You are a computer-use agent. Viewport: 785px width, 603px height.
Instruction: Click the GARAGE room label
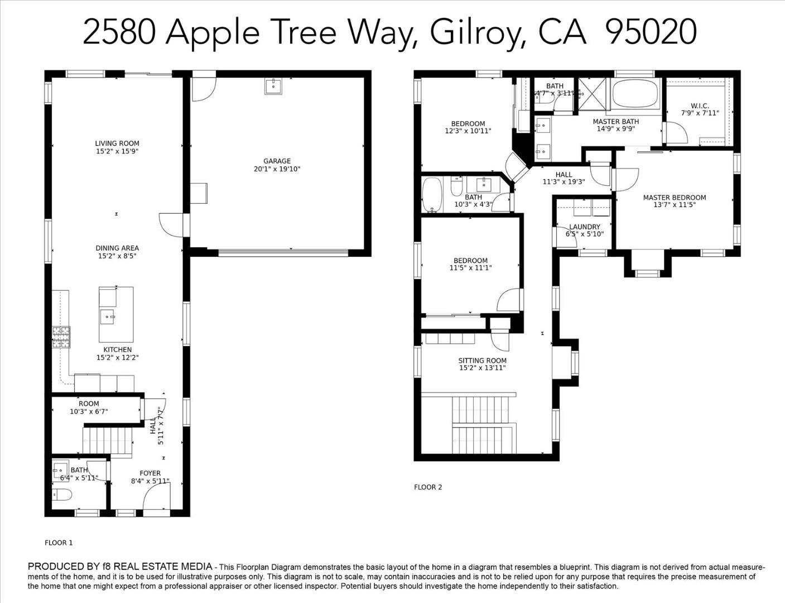pos(277,161)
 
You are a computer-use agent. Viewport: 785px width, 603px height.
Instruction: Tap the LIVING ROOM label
pos(117,143)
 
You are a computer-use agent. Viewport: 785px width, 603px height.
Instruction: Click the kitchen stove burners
pos(61,337)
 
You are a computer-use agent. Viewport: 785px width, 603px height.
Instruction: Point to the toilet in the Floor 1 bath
pos(62,495)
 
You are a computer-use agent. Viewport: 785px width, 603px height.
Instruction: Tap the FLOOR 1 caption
pos(59,543)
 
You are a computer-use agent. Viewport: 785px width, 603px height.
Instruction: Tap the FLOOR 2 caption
pos(428,487)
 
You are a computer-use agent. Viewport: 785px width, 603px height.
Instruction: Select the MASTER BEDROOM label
pos(674,198)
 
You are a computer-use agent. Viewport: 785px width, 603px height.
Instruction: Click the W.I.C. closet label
pos(700,106)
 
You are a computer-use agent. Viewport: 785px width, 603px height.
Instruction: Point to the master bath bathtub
pos(636,94)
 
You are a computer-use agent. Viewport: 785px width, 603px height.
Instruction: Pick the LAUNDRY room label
pos(584,227)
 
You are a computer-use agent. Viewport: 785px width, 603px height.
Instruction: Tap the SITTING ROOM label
pos(483,361)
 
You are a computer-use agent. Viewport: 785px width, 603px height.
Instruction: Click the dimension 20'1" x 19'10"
pos(277,169)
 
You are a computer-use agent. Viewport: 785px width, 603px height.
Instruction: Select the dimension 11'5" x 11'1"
pos(470,268)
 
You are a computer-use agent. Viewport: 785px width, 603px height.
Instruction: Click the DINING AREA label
pos(117,248)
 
